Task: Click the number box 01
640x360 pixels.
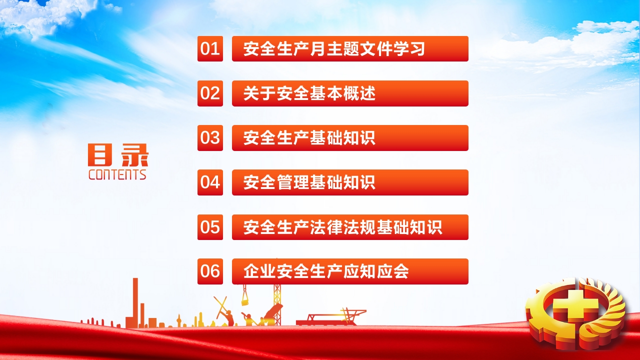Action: click(x=210, y=48)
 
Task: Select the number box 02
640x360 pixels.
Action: click(x=210, y=93)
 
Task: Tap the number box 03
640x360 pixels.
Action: click(x=210, y=138)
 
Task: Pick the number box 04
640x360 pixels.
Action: click(x=210, y=182)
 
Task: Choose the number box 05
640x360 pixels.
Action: click(x=210, y=227)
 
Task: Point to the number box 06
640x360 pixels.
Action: click(x=210, y=271)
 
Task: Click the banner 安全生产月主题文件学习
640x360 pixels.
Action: click(x=350, y=48)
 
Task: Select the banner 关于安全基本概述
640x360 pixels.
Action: click(x=350, y=93)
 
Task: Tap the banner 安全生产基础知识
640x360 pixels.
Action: click(x=350, y=138)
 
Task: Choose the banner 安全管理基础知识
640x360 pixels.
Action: click(x=350, y=182)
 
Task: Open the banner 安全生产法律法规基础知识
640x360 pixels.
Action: click(x=350, y=227)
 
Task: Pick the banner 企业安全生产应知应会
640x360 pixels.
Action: click(x=350, y=271)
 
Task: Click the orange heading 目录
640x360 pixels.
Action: click(x=118, y=155)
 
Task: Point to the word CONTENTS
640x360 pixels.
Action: click(x=117, y=174)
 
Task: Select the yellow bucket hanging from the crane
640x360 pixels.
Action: click(x=245, y=300)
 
